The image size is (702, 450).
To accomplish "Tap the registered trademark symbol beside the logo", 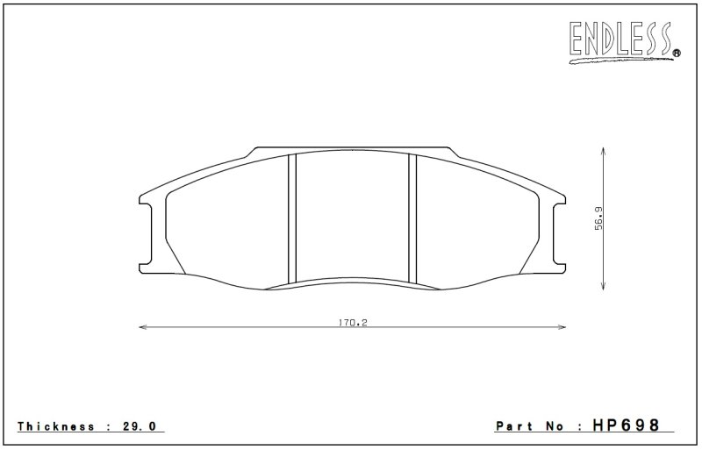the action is pos(677,54).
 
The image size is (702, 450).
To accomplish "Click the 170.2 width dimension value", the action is pos(353,322).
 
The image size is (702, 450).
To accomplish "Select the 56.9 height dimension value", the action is pos(598,218).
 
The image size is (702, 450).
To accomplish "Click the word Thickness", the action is pos(56,425).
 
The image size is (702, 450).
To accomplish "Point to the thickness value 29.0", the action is pos(140,425).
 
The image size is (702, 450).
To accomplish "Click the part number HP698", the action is pos(626,425).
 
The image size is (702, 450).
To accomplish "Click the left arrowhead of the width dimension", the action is pos(143,327).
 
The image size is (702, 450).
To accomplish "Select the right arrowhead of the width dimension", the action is pos(562,327).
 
